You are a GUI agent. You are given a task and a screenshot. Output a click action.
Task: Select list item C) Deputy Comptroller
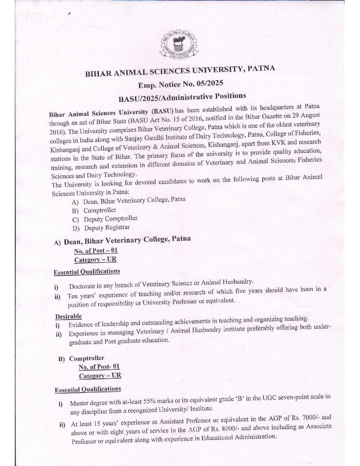tap(110, 219)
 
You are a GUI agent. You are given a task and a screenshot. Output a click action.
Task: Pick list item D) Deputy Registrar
tap(106, 228)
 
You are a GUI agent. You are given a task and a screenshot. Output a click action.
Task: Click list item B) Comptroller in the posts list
tap(99, 210)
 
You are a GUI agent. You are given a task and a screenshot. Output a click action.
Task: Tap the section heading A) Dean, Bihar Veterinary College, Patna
tap(122, 241)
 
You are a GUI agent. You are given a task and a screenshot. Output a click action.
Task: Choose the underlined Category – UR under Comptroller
tap(100, 376)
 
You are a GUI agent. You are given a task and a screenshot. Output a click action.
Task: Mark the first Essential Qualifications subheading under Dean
tap(87, 272)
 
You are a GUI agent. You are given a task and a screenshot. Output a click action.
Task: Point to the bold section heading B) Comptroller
tap(81, 358)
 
